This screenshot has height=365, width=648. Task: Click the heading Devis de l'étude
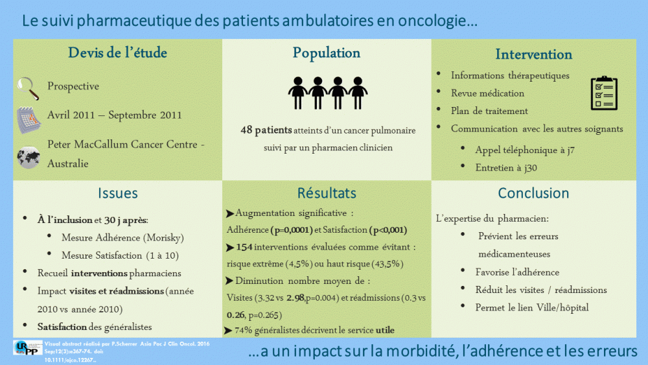tap(118, 53)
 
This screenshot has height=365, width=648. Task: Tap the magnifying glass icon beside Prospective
tap(28, 85)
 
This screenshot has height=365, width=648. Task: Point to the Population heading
tap(327, 53)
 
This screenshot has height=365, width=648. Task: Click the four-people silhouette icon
tap(327, 93)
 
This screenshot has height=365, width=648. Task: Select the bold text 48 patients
tap(266, 130)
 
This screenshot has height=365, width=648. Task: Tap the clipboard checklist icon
tap(604, 93)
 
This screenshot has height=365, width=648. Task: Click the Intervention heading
tap(533, 54)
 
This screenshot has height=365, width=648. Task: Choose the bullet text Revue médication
tap(487, 93)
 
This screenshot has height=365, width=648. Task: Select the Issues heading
tap(118, 193)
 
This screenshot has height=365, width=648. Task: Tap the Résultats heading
tap(327, 193)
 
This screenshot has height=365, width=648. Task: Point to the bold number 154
tap(244, 247)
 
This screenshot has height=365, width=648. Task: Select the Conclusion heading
tap(533, 193)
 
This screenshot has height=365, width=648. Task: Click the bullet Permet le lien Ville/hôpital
tap(531, 307)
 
